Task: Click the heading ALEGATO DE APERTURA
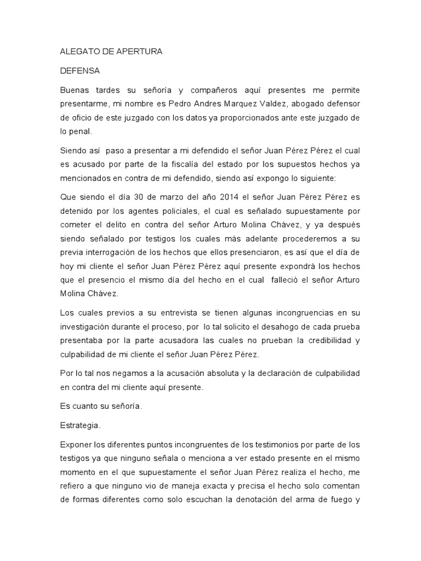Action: pyautogui.click(x=111, y=51)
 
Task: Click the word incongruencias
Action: pyautogui.click(x=288, y=313)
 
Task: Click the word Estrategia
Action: pyautogui.click(x=79, y=425)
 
